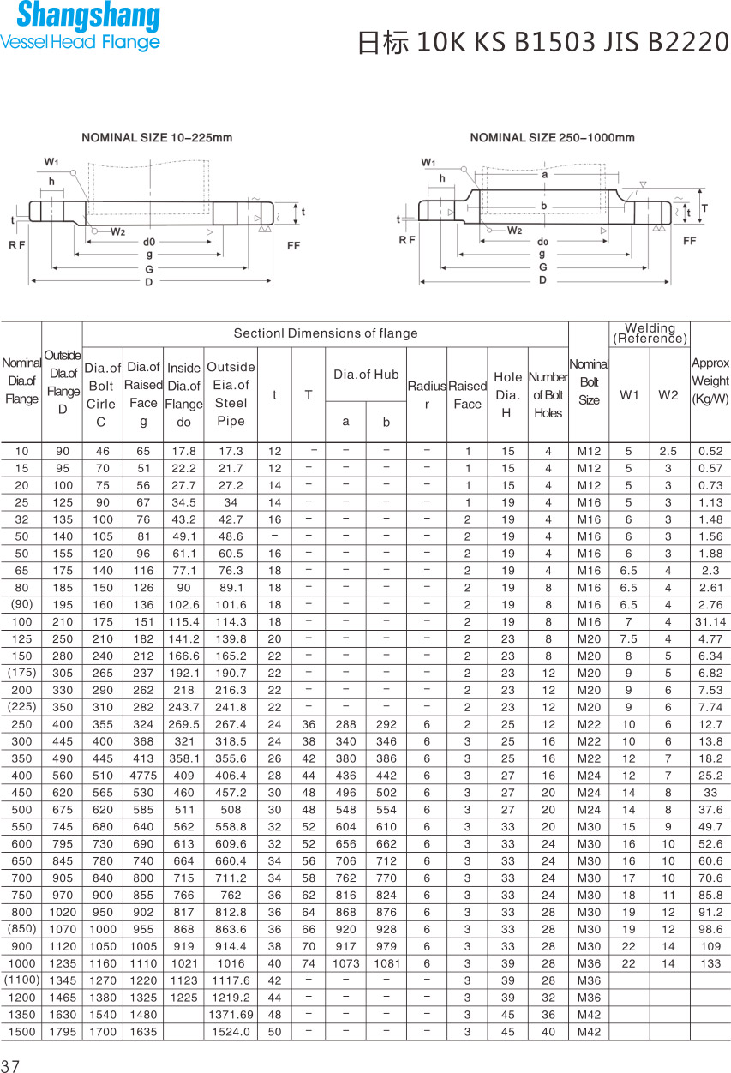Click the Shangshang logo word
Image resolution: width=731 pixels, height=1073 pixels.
click(87, 16)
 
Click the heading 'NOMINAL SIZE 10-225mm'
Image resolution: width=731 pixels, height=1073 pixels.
click(157, 137)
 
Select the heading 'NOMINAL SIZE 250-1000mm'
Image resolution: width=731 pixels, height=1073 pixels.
click(552, 137)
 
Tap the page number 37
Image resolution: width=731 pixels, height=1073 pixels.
click(10, 1066)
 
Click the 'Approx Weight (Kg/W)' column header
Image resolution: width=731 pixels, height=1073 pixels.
click(710, 381)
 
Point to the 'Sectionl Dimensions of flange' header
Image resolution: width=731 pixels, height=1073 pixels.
click(326, 333)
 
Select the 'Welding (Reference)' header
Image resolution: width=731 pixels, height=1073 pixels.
click(650, 333)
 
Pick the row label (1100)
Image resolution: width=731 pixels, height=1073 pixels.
click(21, 980)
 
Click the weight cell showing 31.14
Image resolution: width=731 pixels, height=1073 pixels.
click(710, 622)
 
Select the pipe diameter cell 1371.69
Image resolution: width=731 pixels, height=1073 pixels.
click(231, 1015)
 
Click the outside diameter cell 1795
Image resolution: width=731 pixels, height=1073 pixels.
click(63, 1032)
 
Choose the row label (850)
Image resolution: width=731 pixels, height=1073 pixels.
click(21, 929)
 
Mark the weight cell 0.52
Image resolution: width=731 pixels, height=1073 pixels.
click(710, 452)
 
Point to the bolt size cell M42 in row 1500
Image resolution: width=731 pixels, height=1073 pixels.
click(589, 1032)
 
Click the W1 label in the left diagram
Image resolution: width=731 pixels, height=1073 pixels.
click(51, 163)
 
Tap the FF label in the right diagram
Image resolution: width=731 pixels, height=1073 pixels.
click(689, 241)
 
